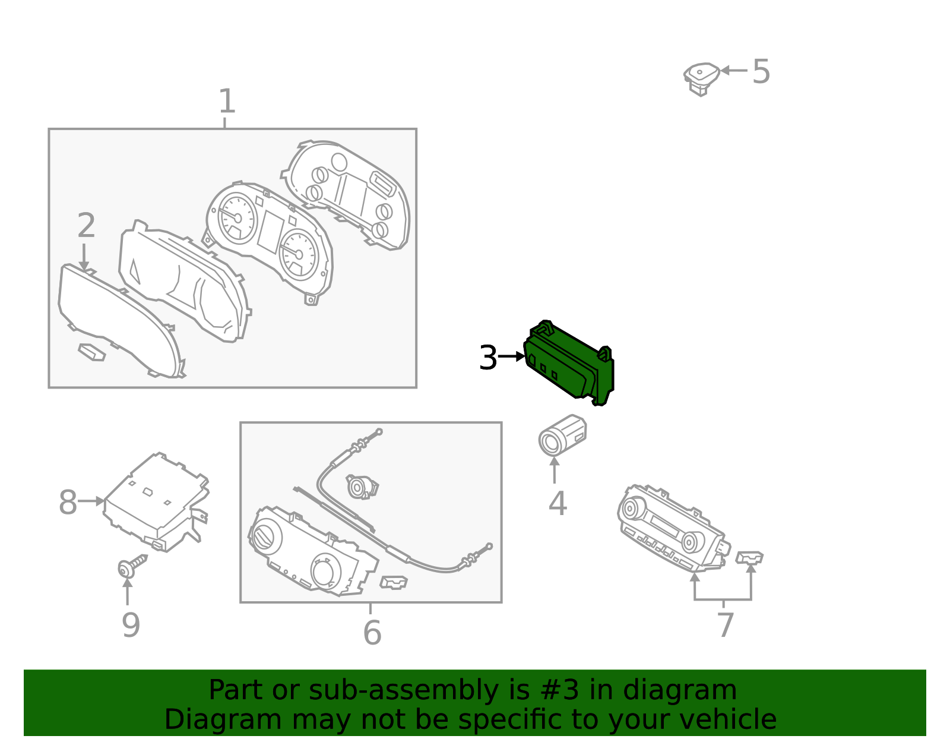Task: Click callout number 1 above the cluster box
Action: click(x=227, y=101)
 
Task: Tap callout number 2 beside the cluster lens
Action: click(x=86, y=225)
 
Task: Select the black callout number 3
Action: click(x=488, y=357)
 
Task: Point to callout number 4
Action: click(x=558, y=503)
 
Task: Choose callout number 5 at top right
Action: click(x=761, y=71)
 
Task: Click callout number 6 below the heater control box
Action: click(x=372, y=632)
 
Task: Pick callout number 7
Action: click(x=726, y=625)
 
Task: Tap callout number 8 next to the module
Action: click(x=68, y=502)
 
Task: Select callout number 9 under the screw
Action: click(x=131, y=625)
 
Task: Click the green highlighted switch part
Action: click(x=568, y=363)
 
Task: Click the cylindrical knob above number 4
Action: click(x=562, y=435)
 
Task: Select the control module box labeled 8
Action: click(x=156, y=503)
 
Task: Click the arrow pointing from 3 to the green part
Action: click(x=511, y=356)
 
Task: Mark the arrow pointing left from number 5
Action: click(x=734, y=70)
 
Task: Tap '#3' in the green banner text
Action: click(x=560, y=690)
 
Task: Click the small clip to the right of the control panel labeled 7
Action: click(x=749, y=557)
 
